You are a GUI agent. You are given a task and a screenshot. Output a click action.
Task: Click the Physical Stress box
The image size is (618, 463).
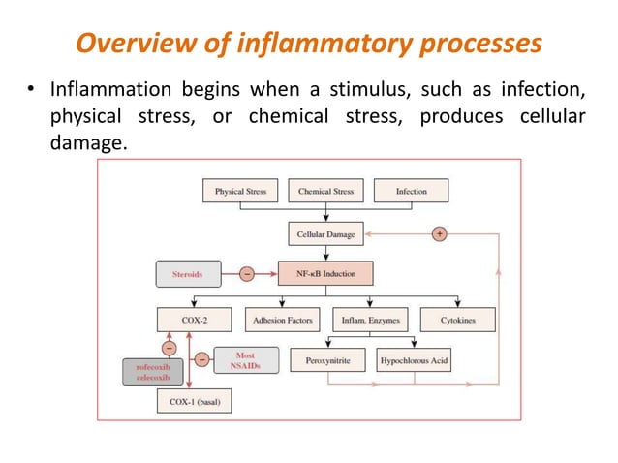click(240, 191)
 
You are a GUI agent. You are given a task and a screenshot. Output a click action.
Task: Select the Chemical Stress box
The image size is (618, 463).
click(325, 191)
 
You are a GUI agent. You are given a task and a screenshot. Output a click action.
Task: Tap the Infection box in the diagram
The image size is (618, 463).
click(411, 191)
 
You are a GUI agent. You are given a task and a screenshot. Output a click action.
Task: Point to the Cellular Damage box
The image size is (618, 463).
click(325, 233)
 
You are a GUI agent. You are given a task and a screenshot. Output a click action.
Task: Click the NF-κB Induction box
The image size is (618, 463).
click(325, 273)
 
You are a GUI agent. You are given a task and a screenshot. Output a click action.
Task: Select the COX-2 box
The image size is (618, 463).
click(195, 319)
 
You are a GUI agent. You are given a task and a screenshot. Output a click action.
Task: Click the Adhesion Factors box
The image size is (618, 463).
click(283, 319)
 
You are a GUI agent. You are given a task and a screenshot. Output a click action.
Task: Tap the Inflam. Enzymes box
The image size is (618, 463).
click(368, 319)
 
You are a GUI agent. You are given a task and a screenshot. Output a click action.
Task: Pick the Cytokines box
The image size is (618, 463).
click(457, 319)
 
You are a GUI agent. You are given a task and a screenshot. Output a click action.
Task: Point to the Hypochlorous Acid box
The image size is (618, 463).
click(413, 359)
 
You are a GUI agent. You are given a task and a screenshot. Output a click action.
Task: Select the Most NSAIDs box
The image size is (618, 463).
click(246, 360)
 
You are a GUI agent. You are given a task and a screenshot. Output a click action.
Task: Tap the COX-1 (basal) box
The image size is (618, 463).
click(195, 402)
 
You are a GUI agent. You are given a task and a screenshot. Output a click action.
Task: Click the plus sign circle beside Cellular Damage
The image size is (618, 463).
click(439, 233)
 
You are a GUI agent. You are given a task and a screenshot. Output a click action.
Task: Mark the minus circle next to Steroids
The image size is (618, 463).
click(247, 273)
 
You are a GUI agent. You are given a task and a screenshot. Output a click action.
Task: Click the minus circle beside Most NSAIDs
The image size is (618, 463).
click(201, 360)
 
